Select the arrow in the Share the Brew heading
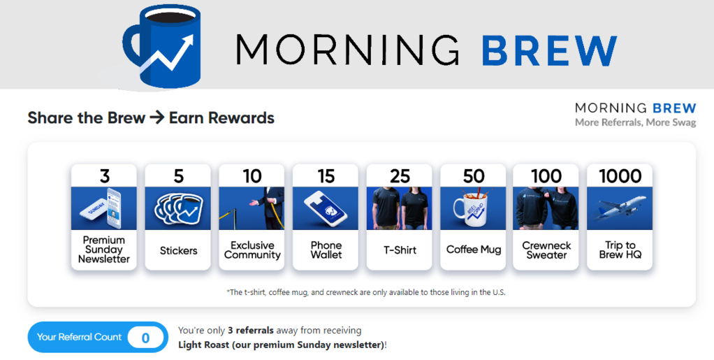click(157, 117)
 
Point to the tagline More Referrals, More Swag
click(635, 123)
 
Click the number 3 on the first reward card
click(105, 176)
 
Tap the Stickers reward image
click(178, 208)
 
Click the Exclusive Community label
click(252, 250)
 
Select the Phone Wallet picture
click(326, 208)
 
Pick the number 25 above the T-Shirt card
click(400, 176)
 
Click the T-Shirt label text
click(400, 250)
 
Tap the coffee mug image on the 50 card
click(473, 208)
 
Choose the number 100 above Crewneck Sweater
click(546, 176)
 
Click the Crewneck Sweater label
click(546, 250)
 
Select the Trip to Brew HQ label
click(620, 250)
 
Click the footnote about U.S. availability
click(367, 292)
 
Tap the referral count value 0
click(145, 338)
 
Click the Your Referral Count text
click(79, 337)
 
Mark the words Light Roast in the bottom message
click(203, 345)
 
